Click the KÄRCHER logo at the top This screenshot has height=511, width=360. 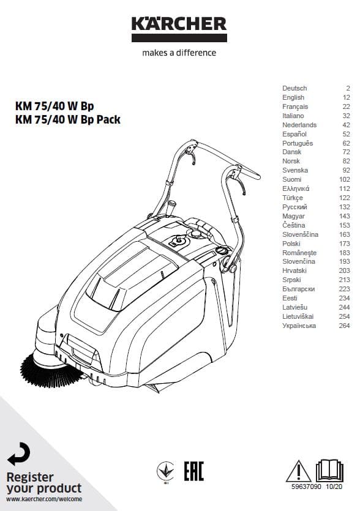pos(179,29)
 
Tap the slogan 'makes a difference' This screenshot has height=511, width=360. pos(179,53)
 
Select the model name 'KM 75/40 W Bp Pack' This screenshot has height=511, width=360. pos(68,119)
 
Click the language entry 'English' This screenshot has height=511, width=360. pos(293,97)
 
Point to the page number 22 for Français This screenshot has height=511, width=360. pos(347,106)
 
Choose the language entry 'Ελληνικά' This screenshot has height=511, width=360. pos(296,188)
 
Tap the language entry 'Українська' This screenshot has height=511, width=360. pos(299,326)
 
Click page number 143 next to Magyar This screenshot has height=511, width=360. pos(344,216)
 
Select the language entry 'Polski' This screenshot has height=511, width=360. pos(291,244)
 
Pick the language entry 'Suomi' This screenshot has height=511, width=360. pos(292,179)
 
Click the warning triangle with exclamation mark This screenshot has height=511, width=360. pos(298,471)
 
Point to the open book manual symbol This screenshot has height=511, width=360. pos(329,471)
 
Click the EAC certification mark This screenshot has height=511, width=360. pos(193,471)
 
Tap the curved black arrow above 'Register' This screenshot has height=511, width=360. pos(19,454)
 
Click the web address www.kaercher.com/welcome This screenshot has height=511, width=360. pos(44,499)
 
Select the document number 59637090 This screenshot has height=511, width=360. pos(306,487)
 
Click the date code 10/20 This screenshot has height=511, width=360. pos(334,487)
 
